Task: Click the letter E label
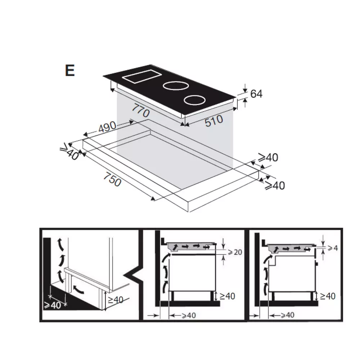70,71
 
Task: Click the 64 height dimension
256,94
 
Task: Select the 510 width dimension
214,121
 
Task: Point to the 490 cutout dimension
107,127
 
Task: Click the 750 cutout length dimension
112,179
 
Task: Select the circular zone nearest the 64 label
194,100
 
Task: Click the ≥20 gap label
235,252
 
